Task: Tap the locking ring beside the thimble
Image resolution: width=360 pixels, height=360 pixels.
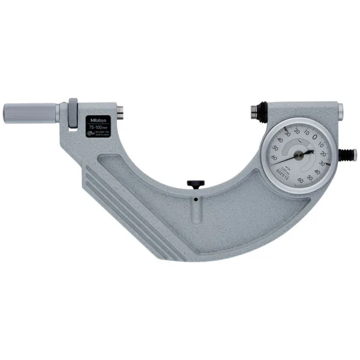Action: (73, 113)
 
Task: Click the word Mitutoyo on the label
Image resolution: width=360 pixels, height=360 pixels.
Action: (97, 118)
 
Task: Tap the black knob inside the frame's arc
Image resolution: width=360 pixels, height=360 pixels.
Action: (194, 184)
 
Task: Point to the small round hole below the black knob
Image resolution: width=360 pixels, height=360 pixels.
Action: (194, 196)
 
